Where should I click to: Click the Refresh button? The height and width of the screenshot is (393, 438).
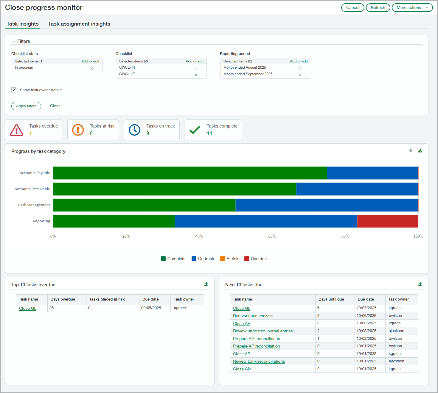tap(378, 7)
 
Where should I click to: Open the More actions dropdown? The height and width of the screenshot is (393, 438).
tap(412, 7)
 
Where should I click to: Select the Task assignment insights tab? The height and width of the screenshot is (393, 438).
tap(79, 24)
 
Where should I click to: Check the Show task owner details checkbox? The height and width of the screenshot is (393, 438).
tap(14, 90)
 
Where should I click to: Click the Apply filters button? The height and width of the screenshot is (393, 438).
tap(26, 106)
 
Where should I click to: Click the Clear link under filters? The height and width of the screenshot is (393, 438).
tap(55, 106)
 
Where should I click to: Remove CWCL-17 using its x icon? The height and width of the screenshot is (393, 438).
tap(196, 75)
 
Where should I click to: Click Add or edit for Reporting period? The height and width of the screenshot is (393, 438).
tap(299, 61)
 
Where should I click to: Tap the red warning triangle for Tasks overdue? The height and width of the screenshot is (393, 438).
tap(16, 130)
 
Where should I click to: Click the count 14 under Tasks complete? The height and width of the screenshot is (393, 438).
tap(209, 133)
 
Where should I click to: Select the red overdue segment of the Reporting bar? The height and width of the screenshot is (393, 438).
tap(387, 221)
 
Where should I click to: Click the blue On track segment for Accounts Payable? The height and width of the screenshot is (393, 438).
tap(372, 173)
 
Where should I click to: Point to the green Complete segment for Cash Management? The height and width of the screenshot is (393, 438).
tap(144, 205)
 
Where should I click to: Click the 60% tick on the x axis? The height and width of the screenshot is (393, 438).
tap(272, 236)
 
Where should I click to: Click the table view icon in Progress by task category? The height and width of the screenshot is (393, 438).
tap(411, 151)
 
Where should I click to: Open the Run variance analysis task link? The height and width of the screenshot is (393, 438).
tap(253, 316)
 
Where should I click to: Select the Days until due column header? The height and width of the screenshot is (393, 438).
tap(331, 299)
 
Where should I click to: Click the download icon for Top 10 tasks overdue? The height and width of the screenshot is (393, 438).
tap(206, 284)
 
